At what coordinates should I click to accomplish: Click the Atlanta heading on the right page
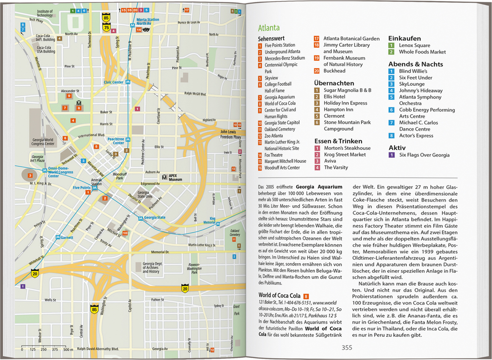(x=269, y=28)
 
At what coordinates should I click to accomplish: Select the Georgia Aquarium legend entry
(x=279, y=97)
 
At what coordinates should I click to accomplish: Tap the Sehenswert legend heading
(x=271, y=38)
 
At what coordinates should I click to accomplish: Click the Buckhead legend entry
(x=334, y=71)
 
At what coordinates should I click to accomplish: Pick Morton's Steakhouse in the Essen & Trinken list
(x=347, y=148)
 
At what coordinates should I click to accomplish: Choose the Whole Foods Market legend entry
(x=422, y=52)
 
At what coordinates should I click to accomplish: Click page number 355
(x=347, y=347)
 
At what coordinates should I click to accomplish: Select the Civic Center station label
(x=114, y=82)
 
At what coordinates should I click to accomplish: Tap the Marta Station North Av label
(x=147, y=22)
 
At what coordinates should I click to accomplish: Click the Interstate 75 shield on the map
(x=106, y=28)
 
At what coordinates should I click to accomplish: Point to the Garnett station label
(x=67, y=238)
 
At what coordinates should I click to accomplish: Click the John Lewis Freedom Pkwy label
(x=230, y=134)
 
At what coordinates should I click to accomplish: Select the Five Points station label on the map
(x=82, y=187)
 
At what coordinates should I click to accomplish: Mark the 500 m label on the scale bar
(x=68, y=349)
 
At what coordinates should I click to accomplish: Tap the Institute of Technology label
(x=45, y=13)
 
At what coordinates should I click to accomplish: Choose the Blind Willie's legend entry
(x=413, y=71)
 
